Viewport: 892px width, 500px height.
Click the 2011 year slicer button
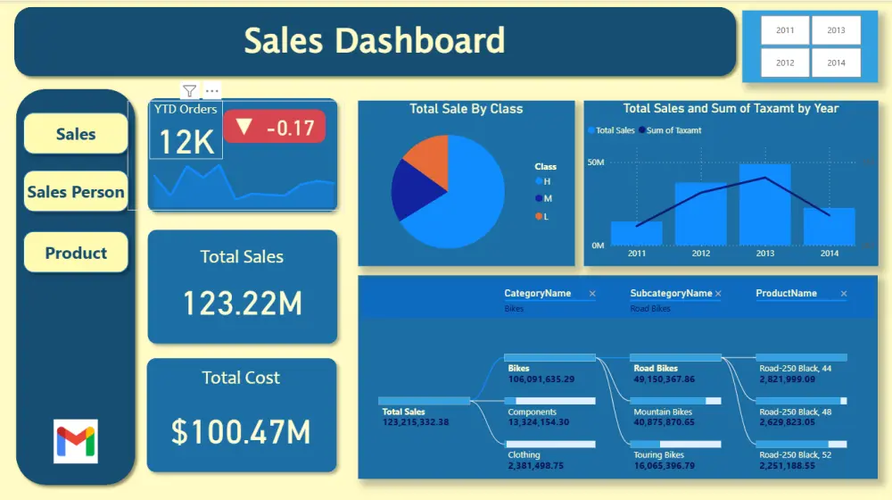click(785, 30)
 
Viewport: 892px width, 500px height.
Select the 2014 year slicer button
click(836, 63)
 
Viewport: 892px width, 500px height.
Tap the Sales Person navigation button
click(76, 192)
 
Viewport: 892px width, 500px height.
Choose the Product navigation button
click(76, 253)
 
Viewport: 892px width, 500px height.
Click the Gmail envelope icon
click(76, 440)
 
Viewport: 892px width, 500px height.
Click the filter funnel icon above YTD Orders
click(189, 90)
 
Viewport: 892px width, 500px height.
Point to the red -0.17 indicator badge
click(275, 128)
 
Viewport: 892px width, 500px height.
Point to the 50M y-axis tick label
click(596, 162)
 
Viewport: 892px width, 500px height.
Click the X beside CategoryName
click(592, 294)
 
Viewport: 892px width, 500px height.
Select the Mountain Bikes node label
click(663, 412)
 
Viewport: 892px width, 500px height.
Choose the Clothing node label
click(524, 455)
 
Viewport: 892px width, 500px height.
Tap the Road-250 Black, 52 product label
click(795, 455)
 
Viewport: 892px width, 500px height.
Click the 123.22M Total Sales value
click(242, 304)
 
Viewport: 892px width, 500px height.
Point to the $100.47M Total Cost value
click(241, 432)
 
